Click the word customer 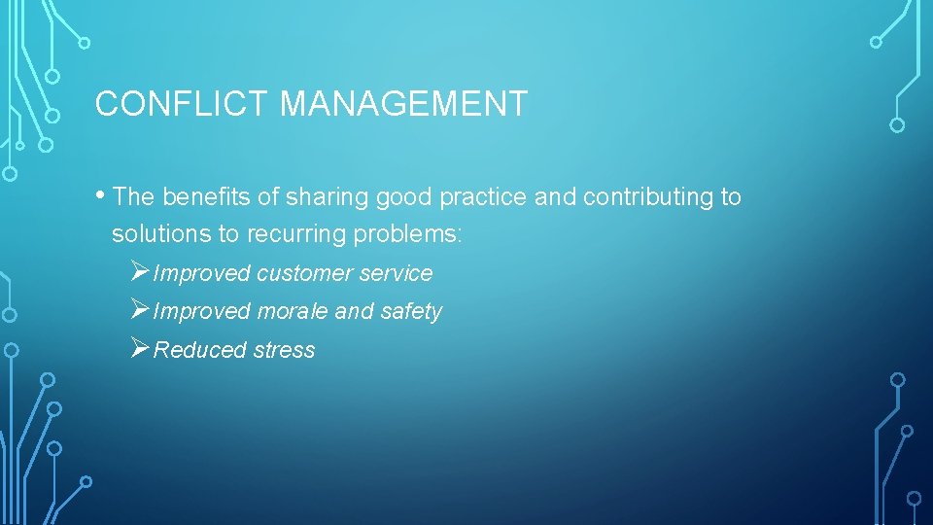coord(304,274)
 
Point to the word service coord(396,274)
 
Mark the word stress coord(284,350)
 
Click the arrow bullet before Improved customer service coord(140,272)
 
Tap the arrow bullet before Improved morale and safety coord(140,310)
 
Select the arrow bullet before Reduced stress coord(140,348)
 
